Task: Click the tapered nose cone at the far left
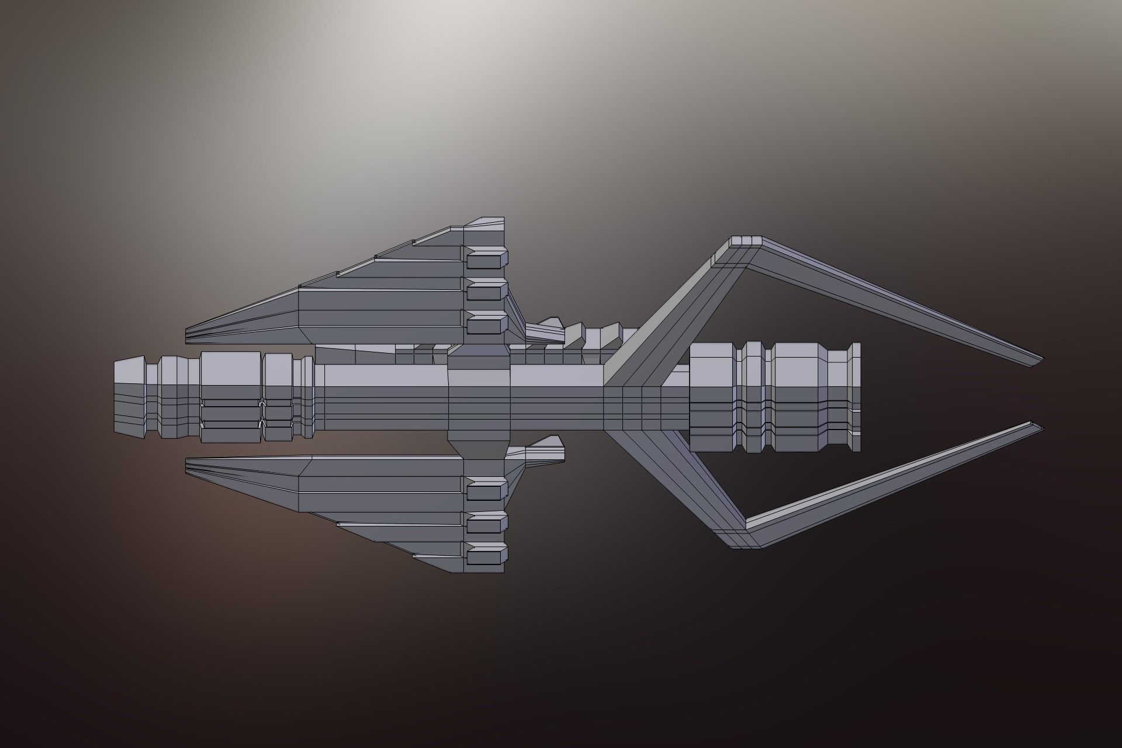point(129,397)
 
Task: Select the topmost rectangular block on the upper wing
point(487,258)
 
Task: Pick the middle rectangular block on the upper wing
point(487,290)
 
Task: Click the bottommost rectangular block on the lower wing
point(487,555)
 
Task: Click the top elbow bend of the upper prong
point(746,241)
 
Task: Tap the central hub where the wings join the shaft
point(479,397)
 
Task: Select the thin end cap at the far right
point(856,397)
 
